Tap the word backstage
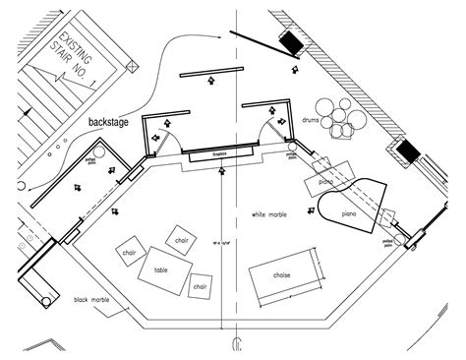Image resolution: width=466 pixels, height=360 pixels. click(x=109, y=123)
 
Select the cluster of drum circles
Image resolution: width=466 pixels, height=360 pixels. click(x=344, y=117)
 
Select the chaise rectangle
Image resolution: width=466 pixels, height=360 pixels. click(x=285, y=275)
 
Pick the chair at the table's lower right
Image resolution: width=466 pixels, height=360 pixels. click(x=200, y=286)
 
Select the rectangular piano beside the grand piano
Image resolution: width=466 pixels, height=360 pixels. click(x=325, y=180)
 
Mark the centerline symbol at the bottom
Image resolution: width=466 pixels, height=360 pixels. click(x=235, y=345)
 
